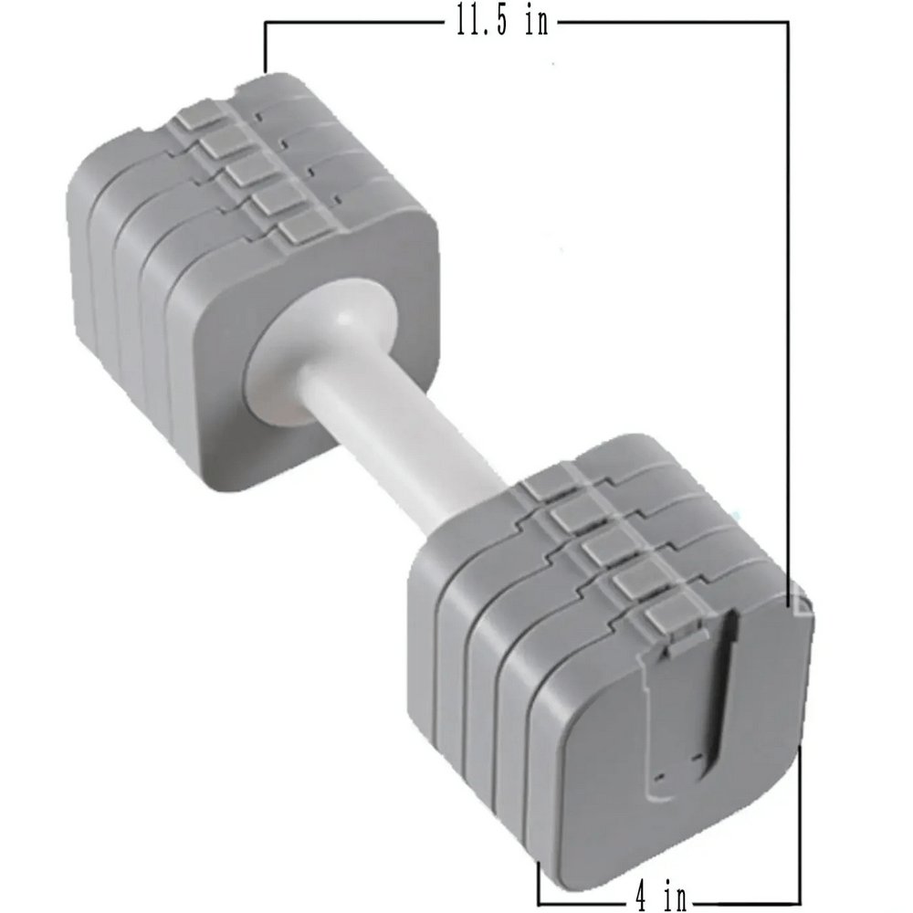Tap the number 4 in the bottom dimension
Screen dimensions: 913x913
pyautogui.click(x=643, y=896)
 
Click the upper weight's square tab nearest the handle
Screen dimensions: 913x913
pyautogui.click(x=302, y=228)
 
